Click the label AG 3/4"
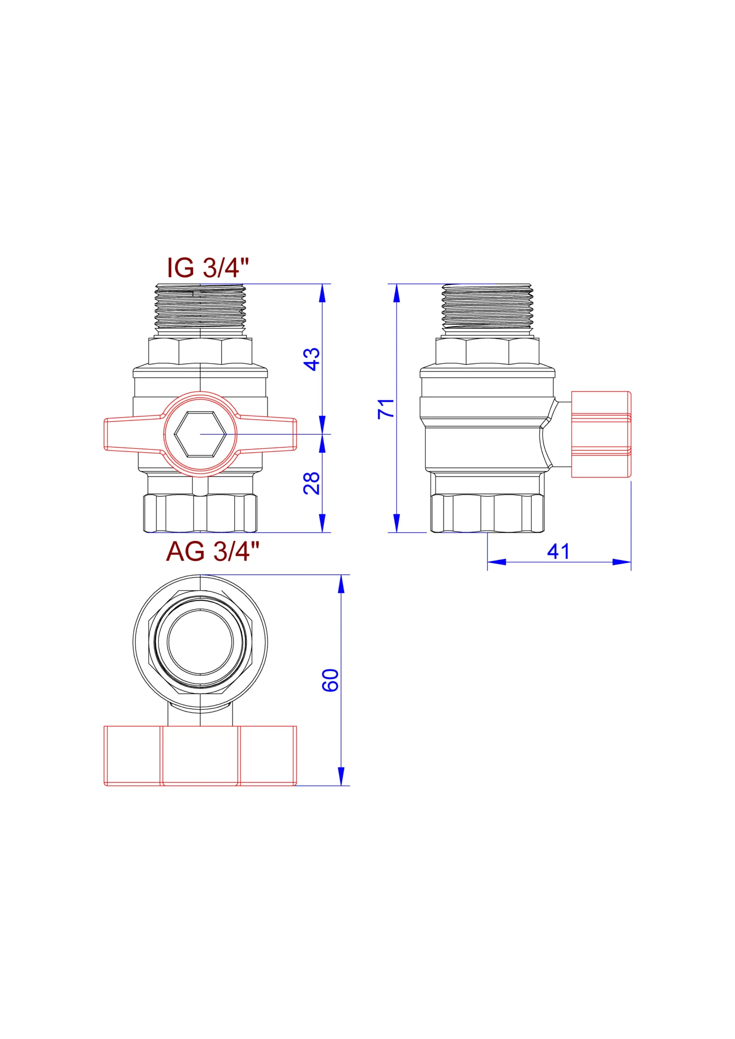(x=213, y=551)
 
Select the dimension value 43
(x=312, y=359)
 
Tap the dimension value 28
(x=312, y=483)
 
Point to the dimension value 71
(x=386, y=409)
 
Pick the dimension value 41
(x=558, y=551)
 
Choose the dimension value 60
(x=330, y=680)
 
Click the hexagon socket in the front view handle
(x=200, y=434)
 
